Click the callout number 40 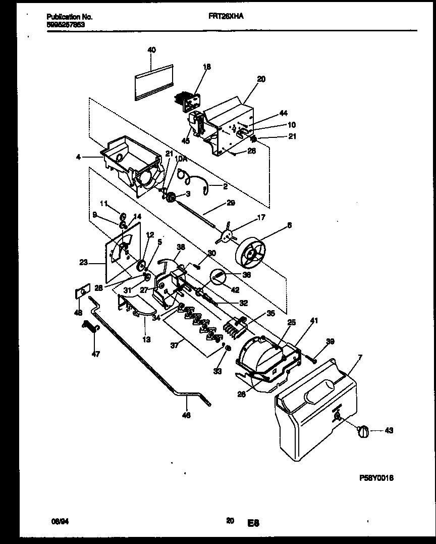[151, 50]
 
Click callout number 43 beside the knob [389, 431]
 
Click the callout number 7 [360, 357]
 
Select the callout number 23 [84, 262]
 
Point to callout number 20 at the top [261, 79]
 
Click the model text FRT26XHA [226, 16]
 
